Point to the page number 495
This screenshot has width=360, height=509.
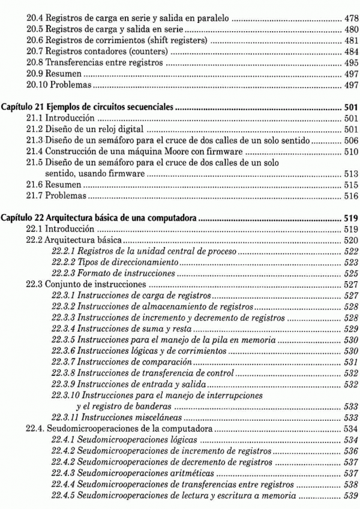click(x=351, y=62)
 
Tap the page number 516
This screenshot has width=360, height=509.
click(x=351, y=196)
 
